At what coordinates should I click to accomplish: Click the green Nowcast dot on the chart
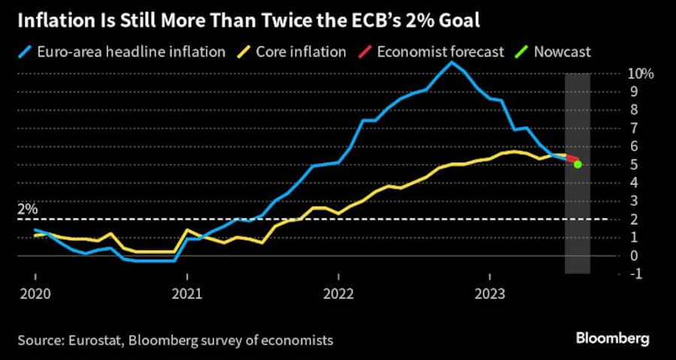click(577, 164)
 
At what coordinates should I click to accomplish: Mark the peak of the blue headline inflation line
click(451, 62)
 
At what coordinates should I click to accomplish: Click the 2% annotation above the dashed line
click(27, 209)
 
